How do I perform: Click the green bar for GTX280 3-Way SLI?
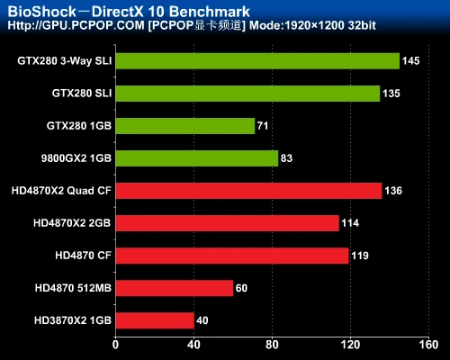coord(257,61)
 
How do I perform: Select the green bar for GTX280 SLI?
coord(247,94)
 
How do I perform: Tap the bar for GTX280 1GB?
coord(184,126)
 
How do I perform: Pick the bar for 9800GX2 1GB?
coord(196,158)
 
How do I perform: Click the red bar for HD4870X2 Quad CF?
coord(248,191)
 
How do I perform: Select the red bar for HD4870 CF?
coord(231,256)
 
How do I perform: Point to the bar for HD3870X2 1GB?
coord(154,320)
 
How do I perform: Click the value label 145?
coord(411,61)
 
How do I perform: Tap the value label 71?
coord(264,126)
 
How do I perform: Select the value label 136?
coord(393,191)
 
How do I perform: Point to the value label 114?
coord(351,223)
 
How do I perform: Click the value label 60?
coord(242,288)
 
